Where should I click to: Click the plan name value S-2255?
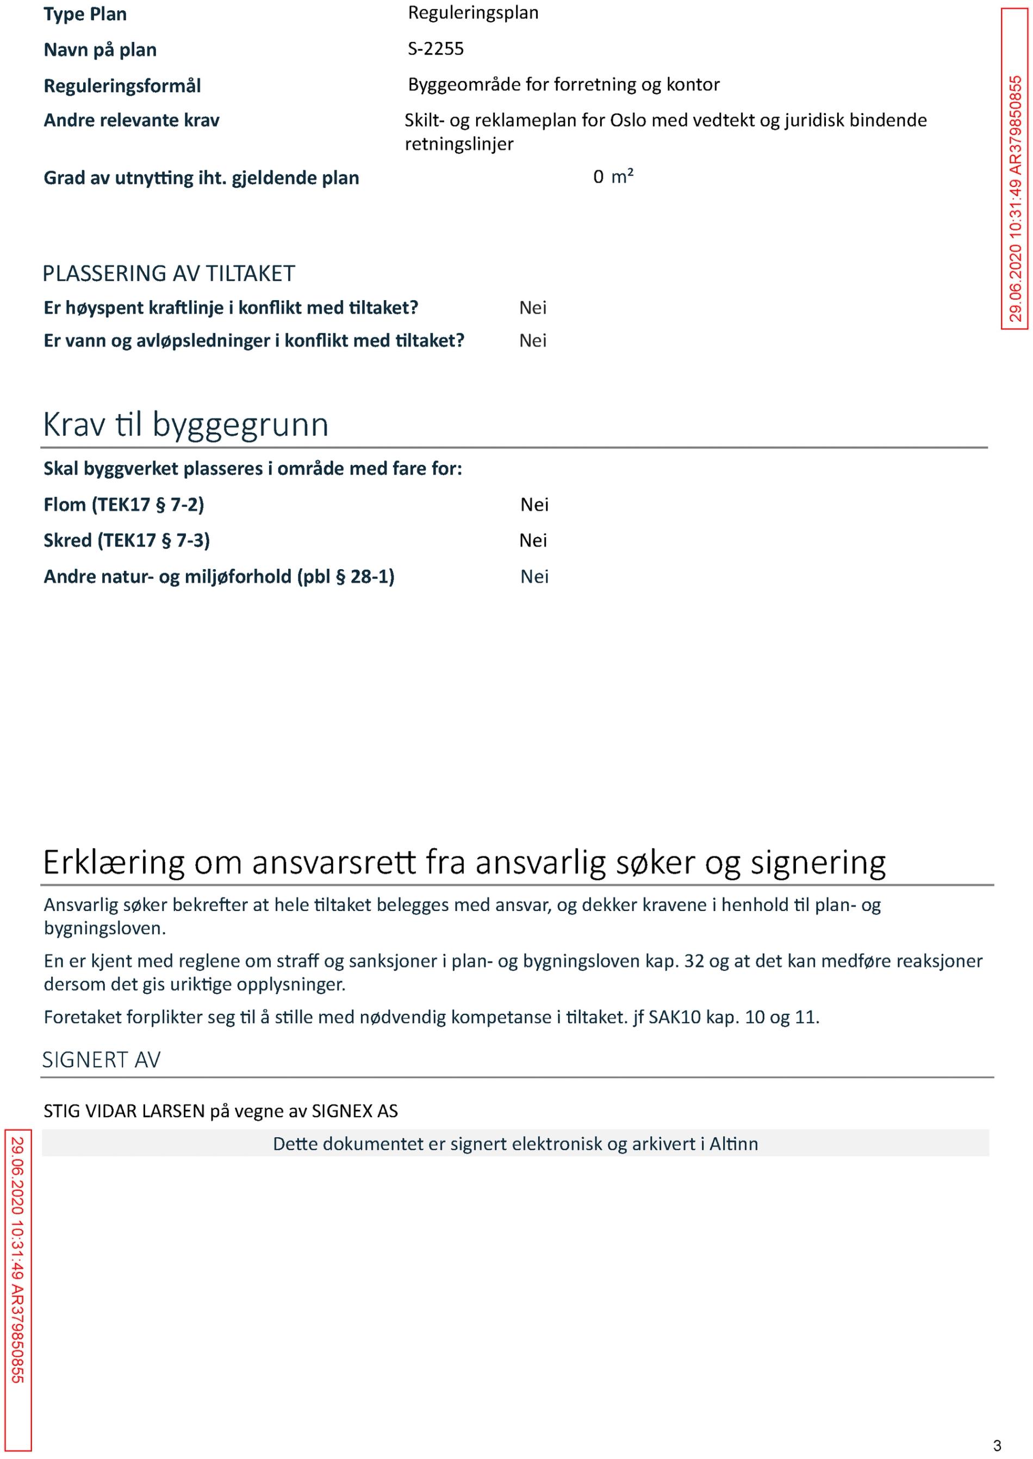435,49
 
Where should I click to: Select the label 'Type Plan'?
85,14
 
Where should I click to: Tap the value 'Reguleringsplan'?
472,13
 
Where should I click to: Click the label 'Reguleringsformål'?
122,86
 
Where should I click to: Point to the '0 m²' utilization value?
613,177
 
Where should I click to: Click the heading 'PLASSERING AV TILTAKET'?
169,273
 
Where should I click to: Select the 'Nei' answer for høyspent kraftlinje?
532,308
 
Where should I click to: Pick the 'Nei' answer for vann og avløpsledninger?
532,341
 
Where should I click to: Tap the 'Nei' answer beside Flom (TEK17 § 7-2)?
534,504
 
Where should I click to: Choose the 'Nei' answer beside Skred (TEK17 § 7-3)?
533,541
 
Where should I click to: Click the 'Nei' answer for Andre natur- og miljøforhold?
534,577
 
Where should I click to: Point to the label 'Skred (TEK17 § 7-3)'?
127,541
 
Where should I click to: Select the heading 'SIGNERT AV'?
101,1060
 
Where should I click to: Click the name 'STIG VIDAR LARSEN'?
124,1111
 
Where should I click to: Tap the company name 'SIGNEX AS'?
354,1111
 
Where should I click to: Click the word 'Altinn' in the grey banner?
733,1144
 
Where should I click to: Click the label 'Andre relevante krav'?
131,120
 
